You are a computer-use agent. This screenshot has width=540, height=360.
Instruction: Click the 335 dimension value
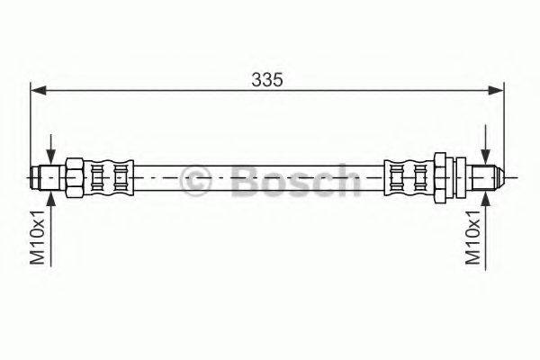(x=266, y=79)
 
